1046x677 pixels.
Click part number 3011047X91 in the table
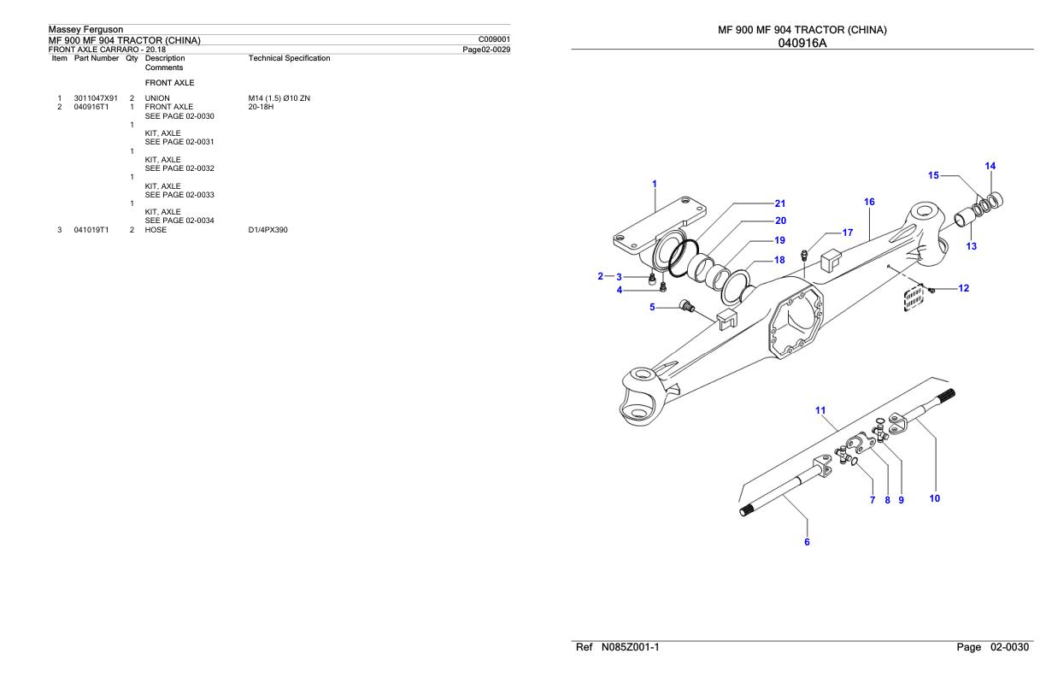96,98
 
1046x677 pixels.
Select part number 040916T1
91,107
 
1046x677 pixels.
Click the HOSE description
156,230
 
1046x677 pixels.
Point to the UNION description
157,98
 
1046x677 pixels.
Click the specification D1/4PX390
267,230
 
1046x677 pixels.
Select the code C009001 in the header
496,39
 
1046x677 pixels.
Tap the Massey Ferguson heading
85,30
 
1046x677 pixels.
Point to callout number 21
779,203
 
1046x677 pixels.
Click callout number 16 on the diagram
869,203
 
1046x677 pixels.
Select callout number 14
990,166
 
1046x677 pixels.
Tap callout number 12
963,289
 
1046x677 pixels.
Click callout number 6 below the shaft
807,541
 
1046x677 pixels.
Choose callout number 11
820,410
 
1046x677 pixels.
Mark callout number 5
653,307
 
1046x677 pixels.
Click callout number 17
847,233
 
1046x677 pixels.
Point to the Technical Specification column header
289,58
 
